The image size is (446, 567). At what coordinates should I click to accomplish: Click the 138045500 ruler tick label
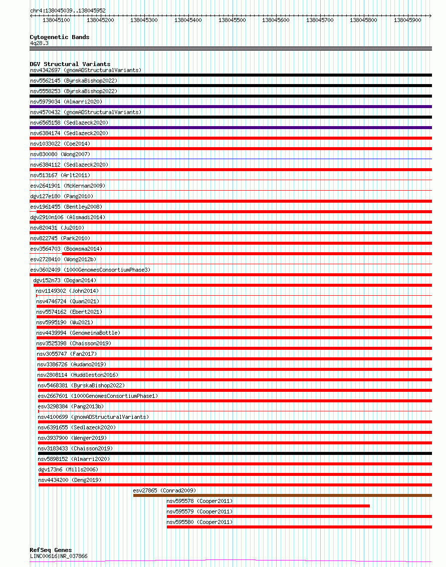pos(232,20)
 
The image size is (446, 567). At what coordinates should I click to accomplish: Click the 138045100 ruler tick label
pos(56,20)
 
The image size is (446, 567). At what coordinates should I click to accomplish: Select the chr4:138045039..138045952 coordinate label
pos(68,11)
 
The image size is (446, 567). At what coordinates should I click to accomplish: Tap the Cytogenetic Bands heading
pos(59,37)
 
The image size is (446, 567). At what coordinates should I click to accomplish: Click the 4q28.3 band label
pos(39,43)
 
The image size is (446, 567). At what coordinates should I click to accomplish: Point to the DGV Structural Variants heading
pos(70,64)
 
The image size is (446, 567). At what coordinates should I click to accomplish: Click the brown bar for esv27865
pos(282,495)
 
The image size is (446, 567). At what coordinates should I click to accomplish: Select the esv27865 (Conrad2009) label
pos(164,490)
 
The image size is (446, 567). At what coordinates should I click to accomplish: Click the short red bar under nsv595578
pos(268,506)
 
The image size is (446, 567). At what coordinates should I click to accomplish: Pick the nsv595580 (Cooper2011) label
pos(199,522)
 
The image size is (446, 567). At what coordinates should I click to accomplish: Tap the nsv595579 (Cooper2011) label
pos(199,511)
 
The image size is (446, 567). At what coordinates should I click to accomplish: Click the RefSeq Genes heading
pos(51,550)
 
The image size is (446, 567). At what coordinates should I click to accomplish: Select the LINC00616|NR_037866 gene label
pos(59,556)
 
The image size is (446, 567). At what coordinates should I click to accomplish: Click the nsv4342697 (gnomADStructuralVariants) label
pos(86,70)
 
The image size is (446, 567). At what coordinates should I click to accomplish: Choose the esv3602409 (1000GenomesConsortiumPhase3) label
pos(90,270)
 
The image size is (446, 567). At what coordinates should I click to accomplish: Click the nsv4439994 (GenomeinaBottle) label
pos(78,333)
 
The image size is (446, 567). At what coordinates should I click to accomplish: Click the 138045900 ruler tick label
pos(407,20)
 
